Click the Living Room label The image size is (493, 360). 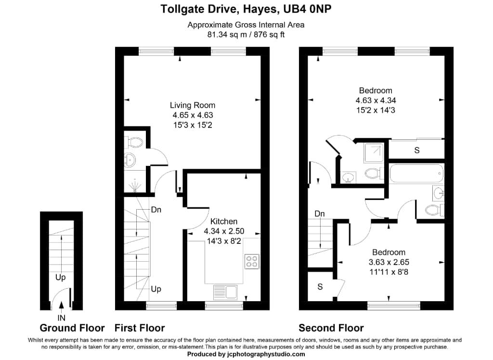(193, 105)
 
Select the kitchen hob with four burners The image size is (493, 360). (251, 261)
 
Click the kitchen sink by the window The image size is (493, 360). (225, 292)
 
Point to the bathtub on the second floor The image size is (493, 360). (416, 173)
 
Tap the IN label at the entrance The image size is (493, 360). (62, 318)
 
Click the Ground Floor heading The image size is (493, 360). (72, 328)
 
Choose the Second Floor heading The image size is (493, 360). (331, 328)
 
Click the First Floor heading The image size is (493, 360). (140, 328)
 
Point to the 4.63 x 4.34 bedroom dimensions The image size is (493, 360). (376, 100)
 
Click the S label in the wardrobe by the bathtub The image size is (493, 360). (417, 150)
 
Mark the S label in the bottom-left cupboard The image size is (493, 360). (320, 287)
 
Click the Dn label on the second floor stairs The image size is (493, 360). (319, 213)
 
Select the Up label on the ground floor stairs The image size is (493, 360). (60, 278)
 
